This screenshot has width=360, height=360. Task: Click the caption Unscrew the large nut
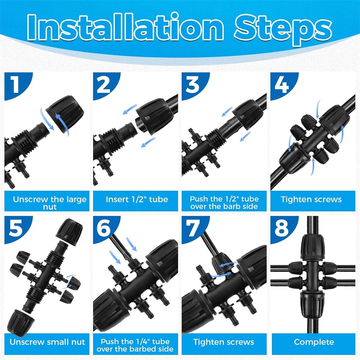point(50,203)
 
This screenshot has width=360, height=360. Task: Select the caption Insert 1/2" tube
point(137,199)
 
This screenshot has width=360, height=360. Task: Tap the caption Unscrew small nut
point(47,342)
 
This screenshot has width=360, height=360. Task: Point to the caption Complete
point(314,342)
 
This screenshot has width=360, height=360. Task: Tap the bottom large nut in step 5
point(20,320)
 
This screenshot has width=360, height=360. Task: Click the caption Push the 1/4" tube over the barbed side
point(135,345)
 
